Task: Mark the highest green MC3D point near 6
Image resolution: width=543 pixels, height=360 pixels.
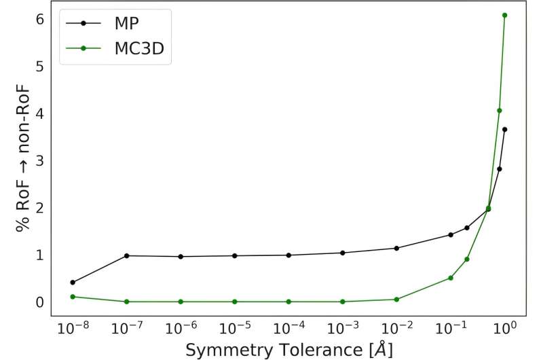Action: point(505,15)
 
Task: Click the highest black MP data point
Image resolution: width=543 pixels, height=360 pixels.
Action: point(505,129)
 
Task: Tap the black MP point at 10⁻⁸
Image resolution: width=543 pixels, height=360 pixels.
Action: point(73,282)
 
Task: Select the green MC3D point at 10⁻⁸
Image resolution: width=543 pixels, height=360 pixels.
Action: point(73,297)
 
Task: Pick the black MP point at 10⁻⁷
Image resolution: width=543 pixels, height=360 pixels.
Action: point(127,255)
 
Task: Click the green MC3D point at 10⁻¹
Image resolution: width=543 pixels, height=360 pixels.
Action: point(451,278)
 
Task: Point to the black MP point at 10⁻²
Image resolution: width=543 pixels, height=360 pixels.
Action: point(396,248)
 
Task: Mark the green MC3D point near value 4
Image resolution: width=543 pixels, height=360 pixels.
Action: point(500,110)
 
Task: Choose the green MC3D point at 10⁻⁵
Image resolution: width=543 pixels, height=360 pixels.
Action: point(235,302)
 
